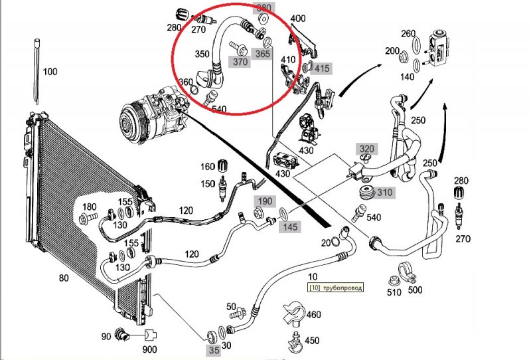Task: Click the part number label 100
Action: pyautogui.click(x=50, y=71)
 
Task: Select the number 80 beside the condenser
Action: pyautogui.click(x=64, y=278)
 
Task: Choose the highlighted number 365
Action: pyautogui.click(x=263, y=55)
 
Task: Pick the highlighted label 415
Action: pyautogui.click(x=322, y=68)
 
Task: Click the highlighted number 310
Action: pyautogui.click(x=385, y=193)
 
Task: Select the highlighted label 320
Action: pyautogui.click(x=367, y=148)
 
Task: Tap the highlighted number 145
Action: pyautogui.click(x=289, y=228)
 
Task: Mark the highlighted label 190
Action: pyautogui.click(x=265, y=201)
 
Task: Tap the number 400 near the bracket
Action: pyautogui.click(x=299, y=18)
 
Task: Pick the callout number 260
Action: pyautogui.click(x=408, y=34)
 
